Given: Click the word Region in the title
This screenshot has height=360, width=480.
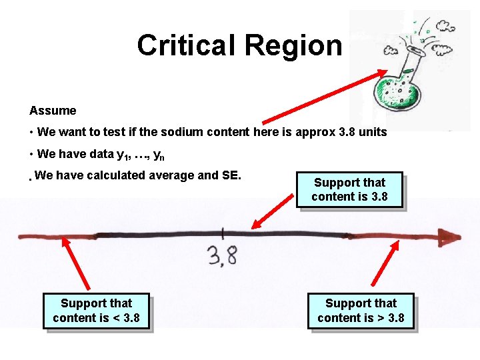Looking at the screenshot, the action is [x=293, y=45].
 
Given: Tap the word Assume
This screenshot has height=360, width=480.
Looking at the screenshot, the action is [x=53, y=111].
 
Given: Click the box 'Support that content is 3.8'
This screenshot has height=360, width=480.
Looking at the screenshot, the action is [x=349, y=189].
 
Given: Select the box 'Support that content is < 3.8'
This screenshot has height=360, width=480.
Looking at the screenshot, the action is [x=96, y=311].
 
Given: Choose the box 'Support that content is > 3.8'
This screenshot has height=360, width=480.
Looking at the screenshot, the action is [x=361, y=311].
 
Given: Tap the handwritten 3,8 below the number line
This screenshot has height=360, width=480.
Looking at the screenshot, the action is [x=223, y=254].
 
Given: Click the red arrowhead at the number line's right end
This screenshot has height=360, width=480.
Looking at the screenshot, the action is [x=450, y=237].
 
